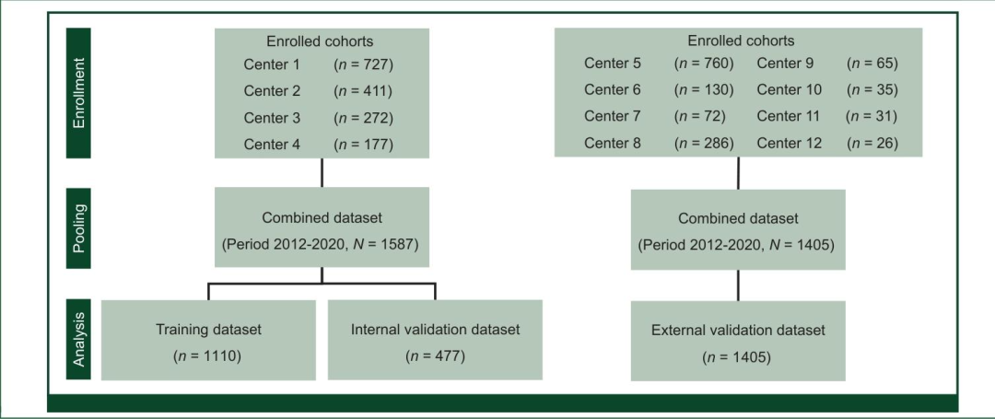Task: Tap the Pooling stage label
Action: tap(79, 228)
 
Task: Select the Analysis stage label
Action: tap(79, 340)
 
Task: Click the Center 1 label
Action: tap(272, 64)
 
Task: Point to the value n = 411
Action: tap(363, 91)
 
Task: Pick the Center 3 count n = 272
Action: tap(363, 118)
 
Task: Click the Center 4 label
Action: tap(272, 145)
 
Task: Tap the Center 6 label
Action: tap(612, 90)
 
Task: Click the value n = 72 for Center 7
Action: tap(701, 117)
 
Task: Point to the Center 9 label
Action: tap(785, 64)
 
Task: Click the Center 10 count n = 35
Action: tap(872, 90)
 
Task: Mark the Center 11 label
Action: tap(789, 117)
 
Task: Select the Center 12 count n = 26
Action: tap(872, 144)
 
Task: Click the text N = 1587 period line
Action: tap(321, 246)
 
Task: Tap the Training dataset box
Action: tap(207, 339)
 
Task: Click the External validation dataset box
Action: tap(737, 341)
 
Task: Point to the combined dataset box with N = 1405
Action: tap(737, 230)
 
